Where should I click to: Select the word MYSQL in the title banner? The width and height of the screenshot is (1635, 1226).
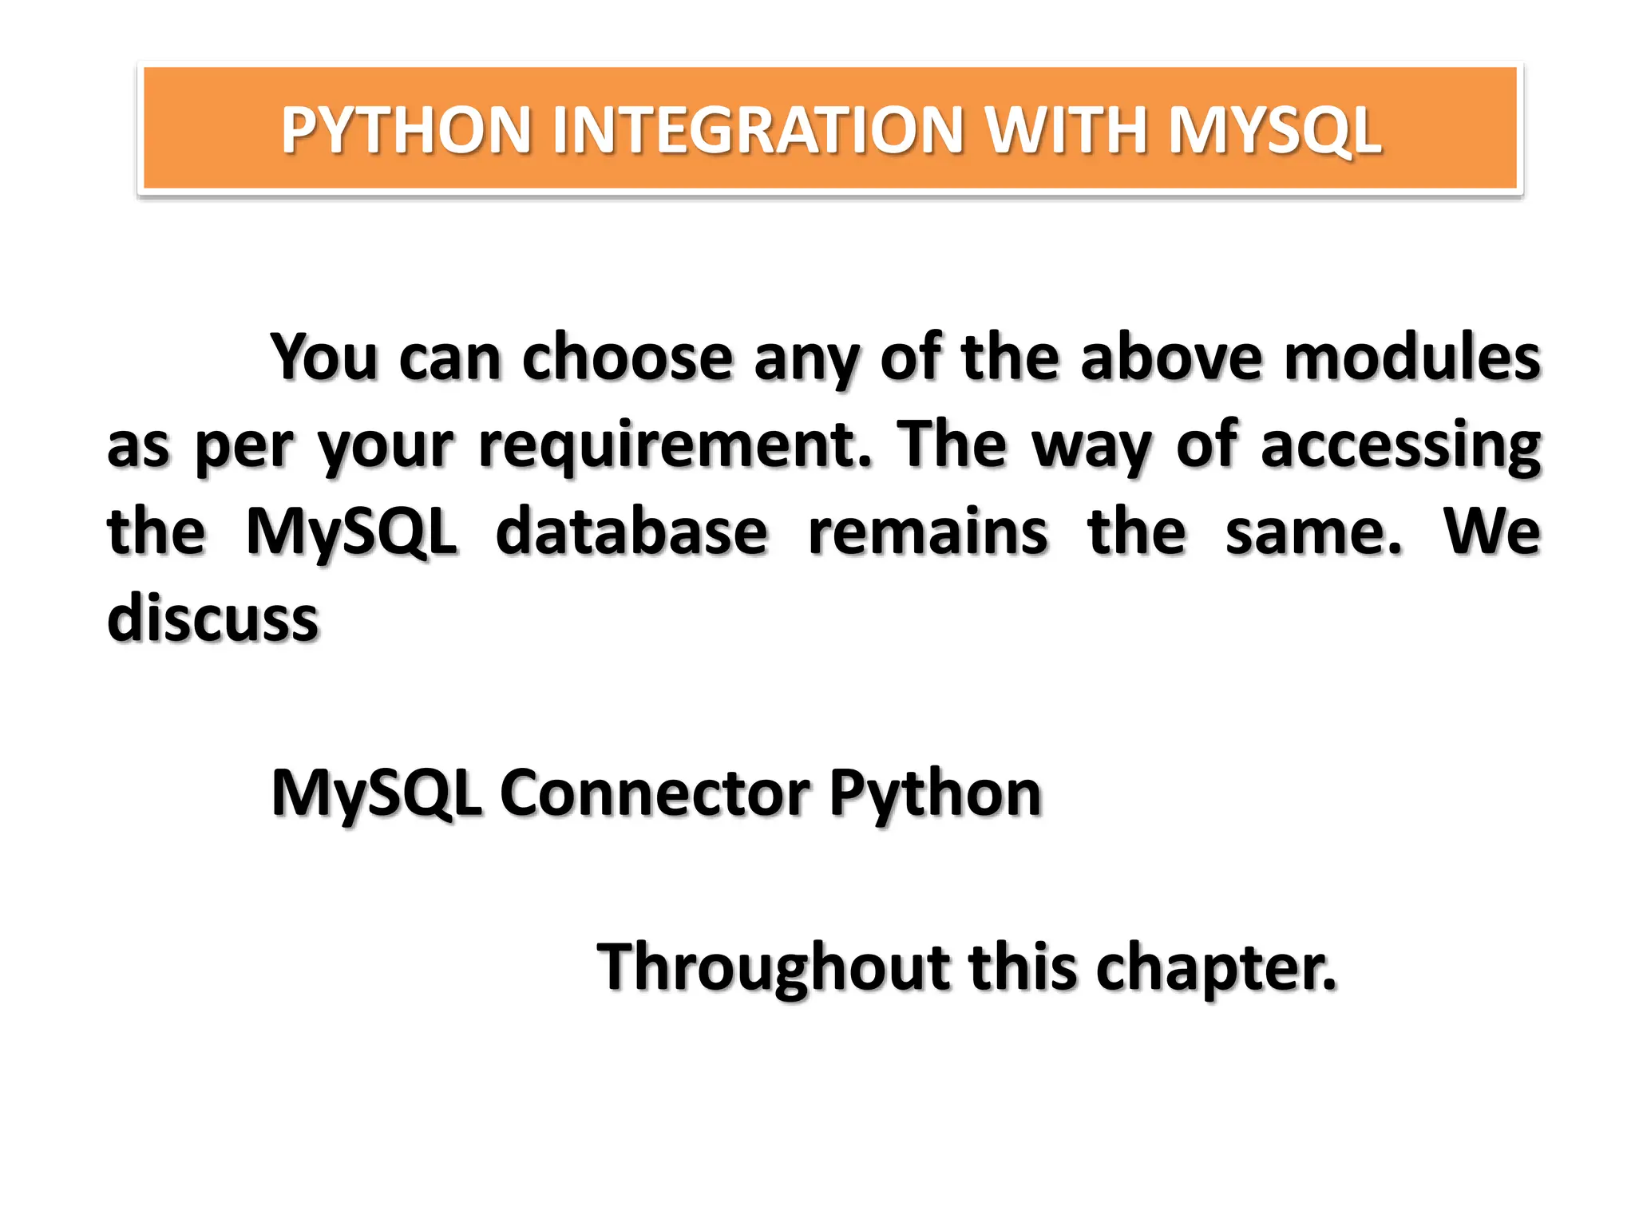[x=1274, y=130]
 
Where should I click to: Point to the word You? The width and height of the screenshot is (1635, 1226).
[x=323, y=358]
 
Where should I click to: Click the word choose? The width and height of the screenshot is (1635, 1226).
[x=627, y=358]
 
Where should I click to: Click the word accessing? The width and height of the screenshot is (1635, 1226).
[x=1400, y=445]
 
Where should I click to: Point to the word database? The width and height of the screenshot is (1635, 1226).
[x=631, y=532]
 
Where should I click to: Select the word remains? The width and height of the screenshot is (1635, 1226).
[x=928, y=532]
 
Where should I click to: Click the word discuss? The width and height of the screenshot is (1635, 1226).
[x=213, y=619]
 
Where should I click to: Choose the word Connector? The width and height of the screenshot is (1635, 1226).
[x=655, y=793]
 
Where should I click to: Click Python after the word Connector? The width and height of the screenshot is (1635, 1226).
[x=935, y=793]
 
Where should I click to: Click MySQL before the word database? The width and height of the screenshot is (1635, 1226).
[x=351, y=532]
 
